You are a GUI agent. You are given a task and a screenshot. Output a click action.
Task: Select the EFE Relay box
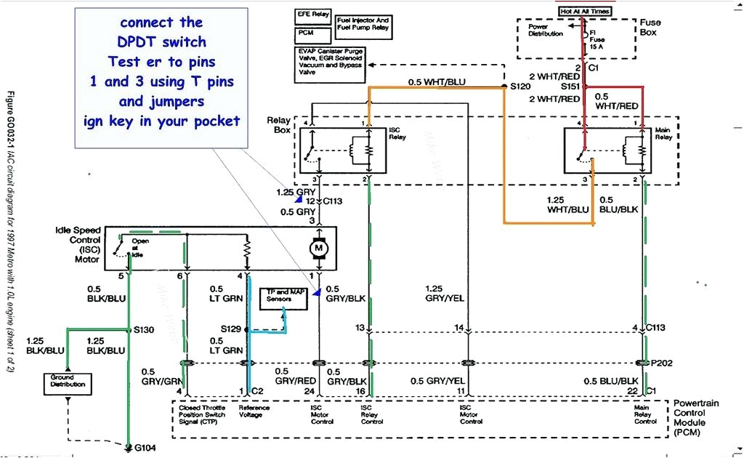[x=312, y=15]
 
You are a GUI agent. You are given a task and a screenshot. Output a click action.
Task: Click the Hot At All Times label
[x=585, y=11]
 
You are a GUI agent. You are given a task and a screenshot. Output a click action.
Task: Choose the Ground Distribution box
[x=68, y=381]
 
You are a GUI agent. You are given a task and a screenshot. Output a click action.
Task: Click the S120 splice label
[x=520, y=86]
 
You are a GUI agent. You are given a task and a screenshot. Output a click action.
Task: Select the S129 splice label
[x=232, y=329]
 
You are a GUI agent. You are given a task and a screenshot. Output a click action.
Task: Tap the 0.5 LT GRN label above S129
[x=226, y=293]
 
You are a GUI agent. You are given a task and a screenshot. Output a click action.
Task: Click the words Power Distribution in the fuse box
[x=545, y=30]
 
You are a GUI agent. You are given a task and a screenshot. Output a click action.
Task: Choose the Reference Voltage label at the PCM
[x=254, y=411]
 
